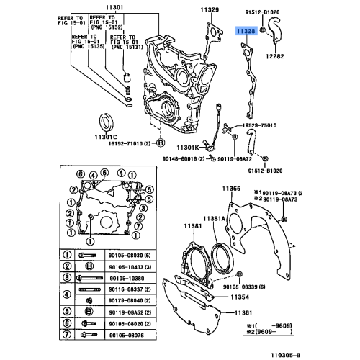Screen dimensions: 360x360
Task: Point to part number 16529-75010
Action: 258,125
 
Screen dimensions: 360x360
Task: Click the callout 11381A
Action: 214,218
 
